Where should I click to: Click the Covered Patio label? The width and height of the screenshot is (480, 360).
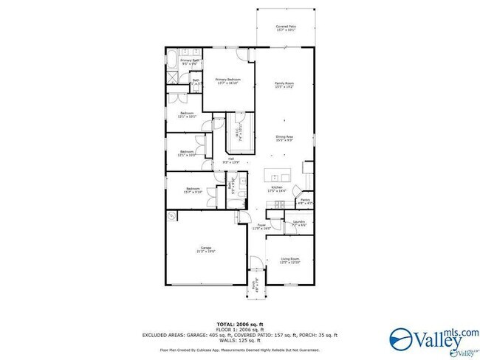(x=286, y=28)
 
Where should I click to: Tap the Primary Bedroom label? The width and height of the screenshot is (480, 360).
(x=229, y=80)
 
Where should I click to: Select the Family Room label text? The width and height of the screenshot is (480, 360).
(x=285, y=85)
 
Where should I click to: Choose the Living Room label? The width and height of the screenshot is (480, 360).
(x=289, y=260)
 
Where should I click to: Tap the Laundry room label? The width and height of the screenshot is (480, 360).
(x=298, y=222)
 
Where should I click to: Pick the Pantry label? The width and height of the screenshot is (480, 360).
(x=305, y=200)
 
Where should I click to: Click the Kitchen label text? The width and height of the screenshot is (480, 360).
(x=278, y=189)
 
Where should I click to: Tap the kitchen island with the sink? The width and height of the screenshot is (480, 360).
(x=280, y=176)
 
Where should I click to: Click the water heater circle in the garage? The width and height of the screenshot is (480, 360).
(x=171, y=215)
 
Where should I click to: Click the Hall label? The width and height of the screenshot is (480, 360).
(x=230, y=160)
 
